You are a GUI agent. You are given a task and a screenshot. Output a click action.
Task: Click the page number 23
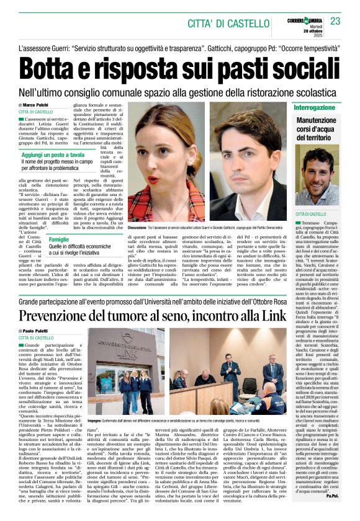tap(335, 22)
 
